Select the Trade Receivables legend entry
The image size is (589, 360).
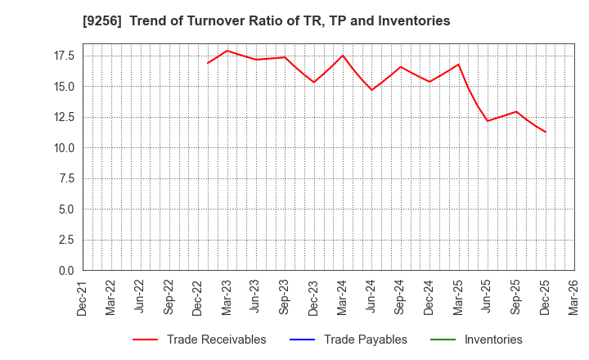point(216,340)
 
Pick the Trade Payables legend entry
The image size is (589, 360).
point(365,340)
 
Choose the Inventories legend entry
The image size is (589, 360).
point(492,340)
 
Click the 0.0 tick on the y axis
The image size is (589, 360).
point(66,271)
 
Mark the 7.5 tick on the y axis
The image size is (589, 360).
point(66,178)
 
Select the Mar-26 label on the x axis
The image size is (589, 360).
point(574,297)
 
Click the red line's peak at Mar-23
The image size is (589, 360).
point(227,51)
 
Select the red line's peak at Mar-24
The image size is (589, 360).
point(343,56)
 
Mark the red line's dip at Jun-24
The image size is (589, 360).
point(371,90)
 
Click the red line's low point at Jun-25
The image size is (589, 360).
point(488,121)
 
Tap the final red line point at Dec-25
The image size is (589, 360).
point(546,132)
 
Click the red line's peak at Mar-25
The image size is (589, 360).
point(458,65)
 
